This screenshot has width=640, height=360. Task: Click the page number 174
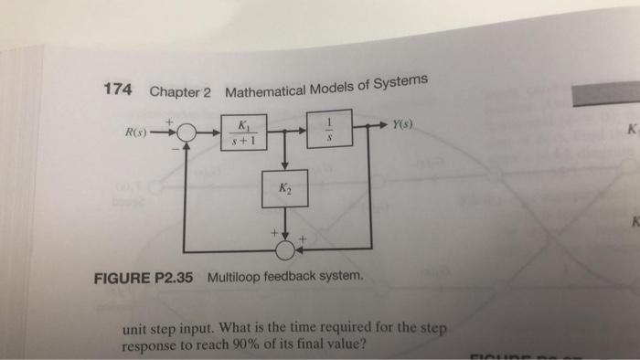118,90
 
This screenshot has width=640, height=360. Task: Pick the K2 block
284,189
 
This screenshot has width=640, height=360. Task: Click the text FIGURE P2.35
144,278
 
